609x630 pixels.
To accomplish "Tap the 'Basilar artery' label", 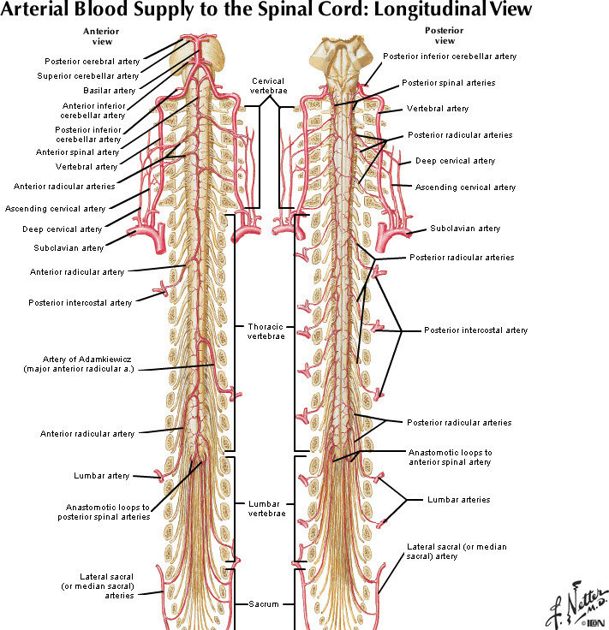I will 110,90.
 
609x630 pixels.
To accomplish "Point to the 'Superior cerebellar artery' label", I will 88,76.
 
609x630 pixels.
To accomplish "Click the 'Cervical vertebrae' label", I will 268,86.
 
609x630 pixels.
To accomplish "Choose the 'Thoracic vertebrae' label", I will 266,331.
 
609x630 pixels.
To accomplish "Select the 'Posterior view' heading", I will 445,35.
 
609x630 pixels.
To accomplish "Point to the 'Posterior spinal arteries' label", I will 448,83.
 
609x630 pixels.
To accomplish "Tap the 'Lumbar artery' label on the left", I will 102,475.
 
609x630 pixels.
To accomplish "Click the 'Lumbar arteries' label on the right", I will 458,500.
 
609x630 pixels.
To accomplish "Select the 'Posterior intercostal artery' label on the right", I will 475,330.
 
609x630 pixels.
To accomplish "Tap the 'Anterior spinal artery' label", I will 77,152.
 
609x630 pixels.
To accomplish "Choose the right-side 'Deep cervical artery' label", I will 455,160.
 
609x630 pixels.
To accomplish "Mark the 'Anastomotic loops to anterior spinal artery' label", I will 451,456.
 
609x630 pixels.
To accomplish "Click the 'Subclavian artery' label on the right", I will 465,229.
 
